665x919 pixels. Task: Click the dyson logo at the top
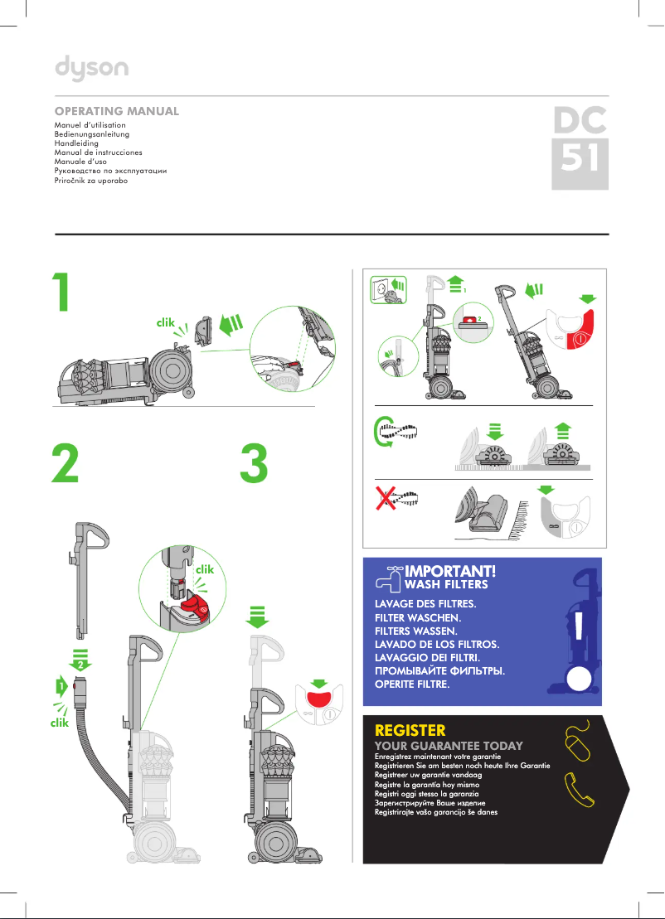[92, 68]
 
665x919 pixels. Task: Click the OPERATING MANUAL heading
[116, 111]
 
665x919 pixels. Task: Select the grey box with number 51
[580, 162]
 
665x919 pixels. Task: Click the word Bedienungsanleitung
[91, 134]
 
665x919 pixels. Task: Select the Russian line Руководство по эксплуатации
[110, 171]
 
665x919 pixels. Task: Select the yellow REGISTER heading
[410, 731]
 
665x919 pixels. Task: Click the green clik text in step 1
[168, 326]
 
